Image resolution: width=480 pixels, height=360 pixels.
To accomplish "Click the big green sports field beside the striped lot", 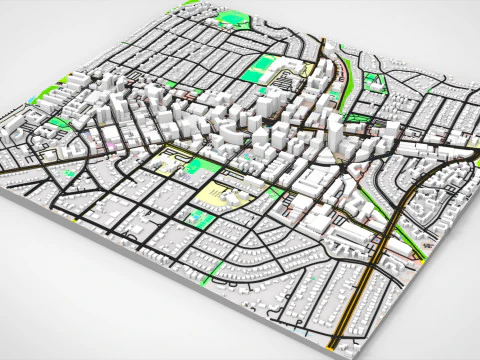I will click(x=262, y=68).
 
